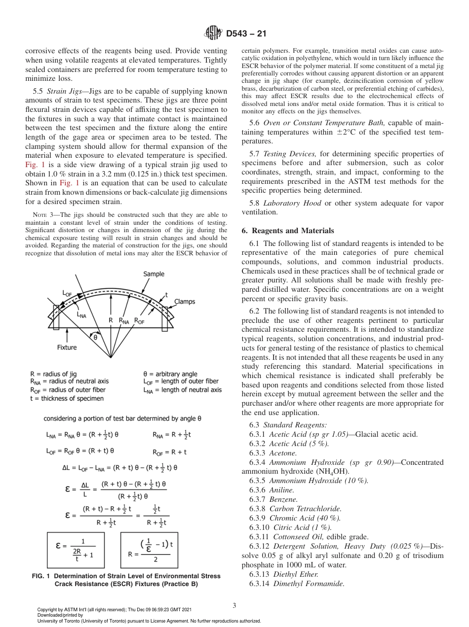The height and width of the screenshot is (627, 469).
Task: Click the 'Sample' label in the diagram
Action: (x=154, y=274)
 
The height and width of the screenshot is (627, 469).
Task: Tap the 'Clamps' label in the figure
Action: (x=185, y=302)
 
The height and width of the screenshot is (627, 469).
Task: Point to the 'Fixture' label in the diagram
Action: (x=67, y=347)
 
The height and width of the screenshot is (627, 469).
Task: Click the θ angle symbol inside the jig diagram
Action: (x=95, y=338)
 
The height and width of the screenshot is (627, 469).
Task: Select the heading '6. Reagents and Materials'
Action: (x=287, y=231)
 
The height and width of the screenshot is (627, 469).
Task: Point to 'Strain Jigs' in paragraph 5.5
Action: (x=65, y=91)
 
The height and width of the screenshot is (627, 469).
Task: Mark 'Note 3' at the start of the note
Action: (x=42, y=215)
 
